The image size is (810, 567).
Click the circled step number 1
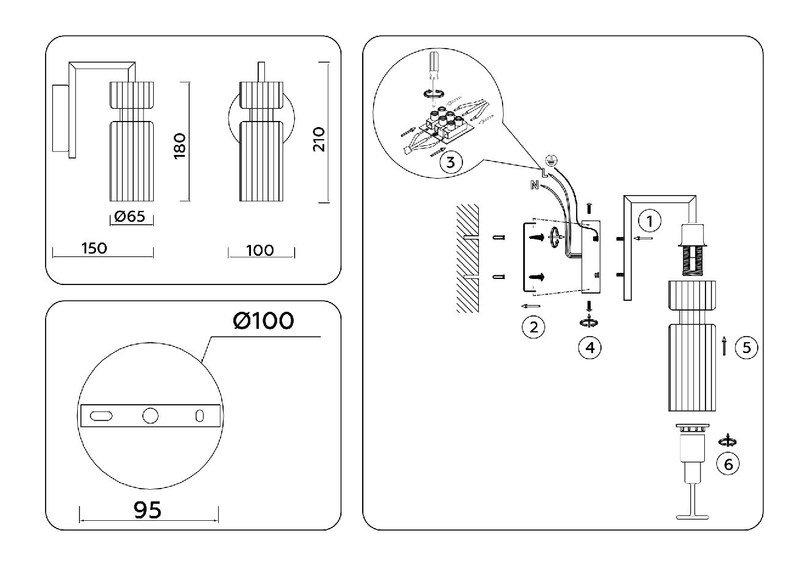[x=650, y=221]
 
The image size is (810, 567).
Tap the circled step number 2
[x=533, y=327]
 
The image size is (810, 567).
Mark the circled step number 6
[x=728, y=464]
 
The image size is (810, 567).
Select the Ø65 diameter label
[x=129, y=216]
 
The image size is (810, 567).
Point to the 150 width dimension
[x=94, y=248]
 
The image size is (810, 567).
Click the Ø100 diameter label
[x=263, y=320]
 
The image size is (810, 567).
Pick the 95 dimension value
[x=148, y=510]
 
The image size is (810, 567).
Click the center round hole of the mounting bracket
[x=150, y=416]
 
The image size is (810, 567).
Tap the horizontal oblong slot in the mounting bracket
[x=101, y=416]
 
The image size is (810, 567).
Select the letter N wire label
[x=534, y=185]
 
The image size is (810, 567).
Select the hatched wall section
[x=468, y=258]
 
